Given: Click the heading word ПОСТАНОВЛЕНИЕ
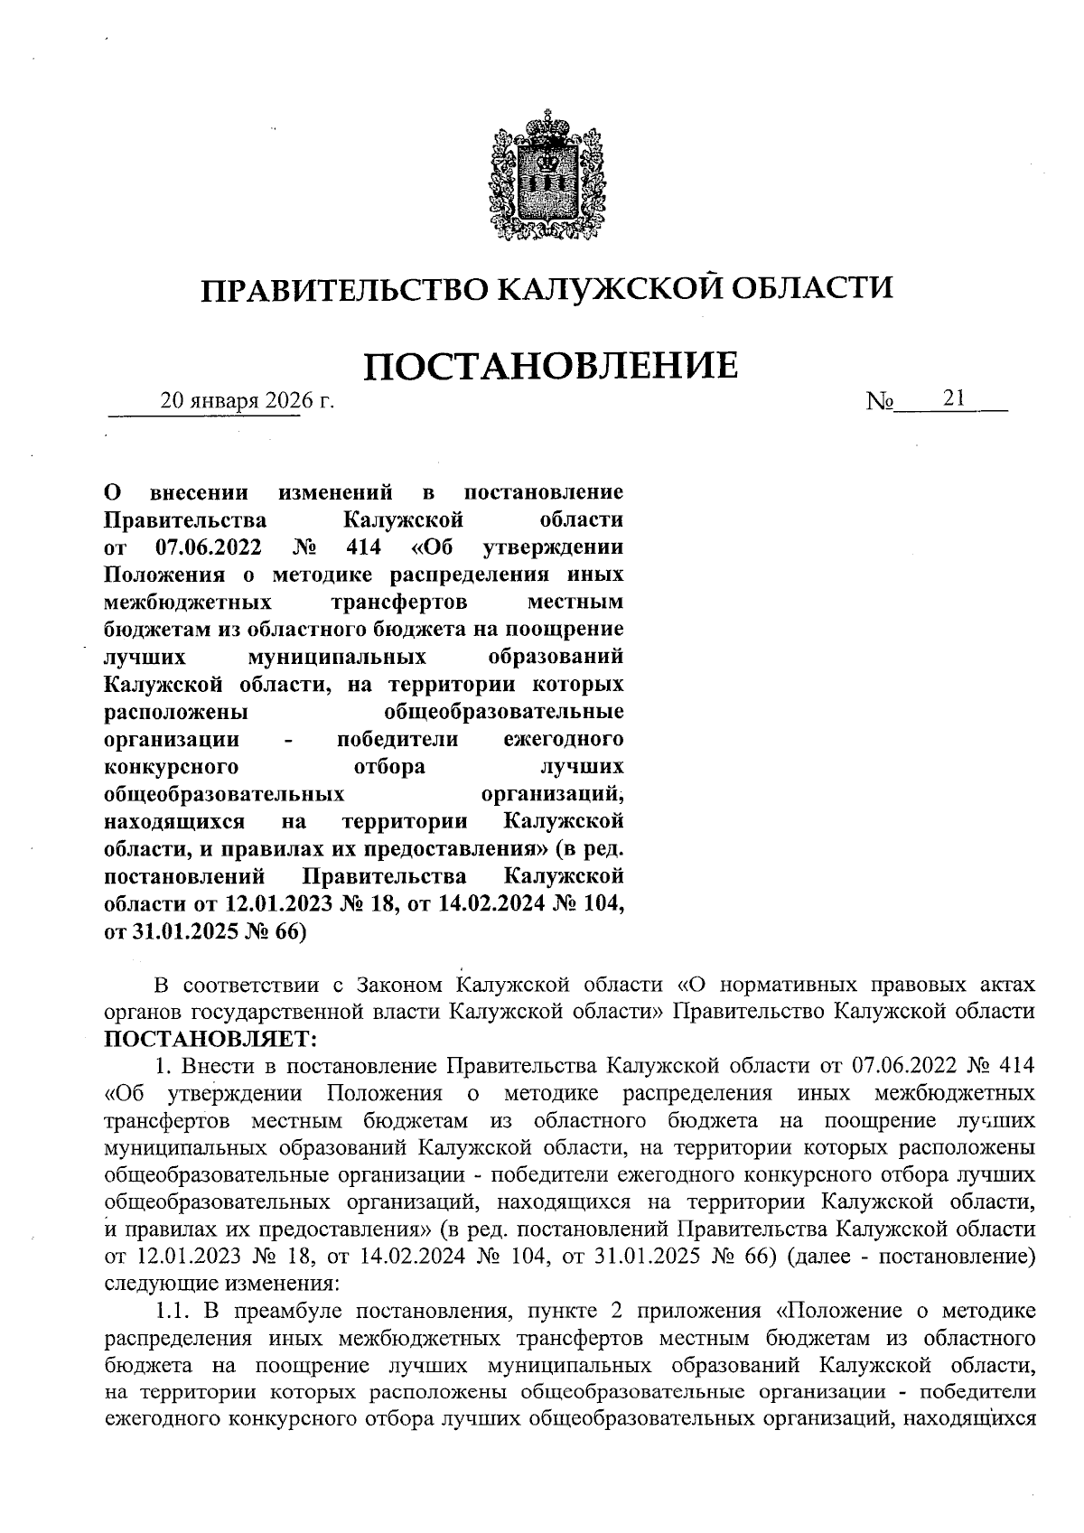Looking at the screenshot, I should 550,366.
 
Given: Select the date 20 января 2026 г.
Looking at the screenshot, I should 247,400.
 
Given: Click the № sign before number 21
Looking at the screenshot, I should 879,400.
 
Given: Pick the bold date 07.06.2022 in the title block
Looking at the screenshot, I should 209,547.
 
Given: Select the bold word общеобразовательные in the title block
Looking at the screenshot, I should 504,712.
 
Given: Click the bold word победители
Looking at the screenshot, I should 397,740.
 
